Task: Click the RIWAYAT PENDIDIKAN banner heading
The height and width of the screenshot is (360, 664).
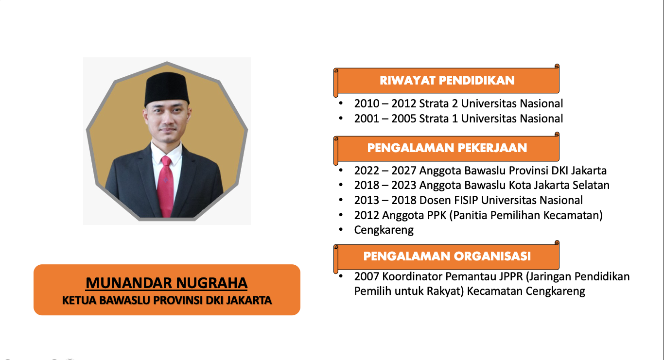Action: (447, 81)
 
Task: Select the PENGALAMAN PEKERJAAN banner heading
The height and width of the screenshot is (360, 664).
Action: (447, 148)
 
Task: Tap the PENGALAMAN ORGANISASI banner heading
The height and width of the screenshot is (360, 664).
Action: (447, 257)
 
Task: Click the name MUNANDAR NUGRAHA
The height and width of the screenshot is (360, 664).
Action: (167, 283)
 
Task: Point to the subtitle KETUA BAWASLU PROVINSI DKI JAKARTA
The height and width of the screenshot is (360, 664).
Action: (167, 300)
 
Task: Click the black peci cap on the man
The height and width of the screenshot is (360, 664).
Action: (167, 89)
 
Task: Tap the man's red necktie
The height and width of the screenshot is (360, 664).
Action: (166, 186)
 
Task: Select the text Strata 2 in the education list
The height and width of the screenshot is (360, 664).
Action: (438, 103)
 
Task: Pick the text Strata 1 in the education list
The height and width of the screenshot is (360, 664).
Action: (438, 119)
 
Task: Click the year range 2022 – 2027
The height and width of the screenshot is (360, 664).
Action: (385, 171)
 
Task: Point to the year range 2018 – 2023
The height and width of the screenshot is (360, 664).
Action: (385, 185)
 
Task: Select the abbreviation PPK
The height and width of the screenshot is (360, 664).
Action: (437, 215)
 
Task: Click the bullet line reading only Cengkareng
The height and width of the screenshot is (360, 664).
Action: (384, 230)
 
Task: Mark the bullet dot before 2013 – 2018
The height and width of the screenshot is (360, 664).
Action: (341, 200)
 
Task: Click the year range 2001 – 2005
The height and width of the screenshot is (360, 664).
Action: (385, 119)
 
